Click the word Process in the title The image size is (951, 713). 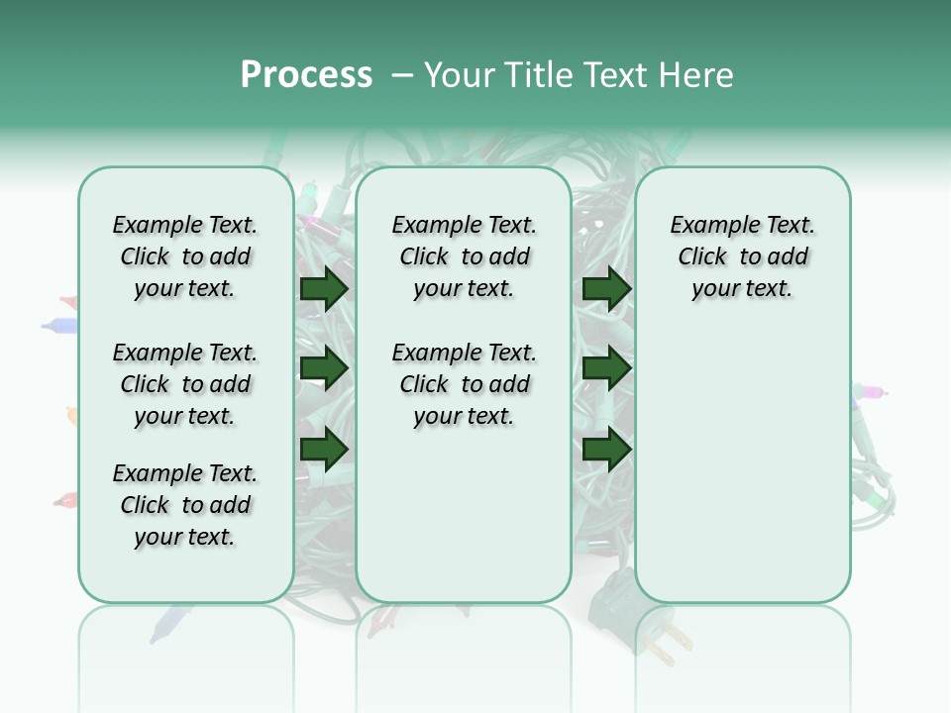click(x=306, y=75)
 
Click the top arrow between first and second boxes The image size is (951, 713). click(x=324, y=289)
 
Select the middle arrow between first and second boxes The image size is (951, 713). click(x=324, y=369)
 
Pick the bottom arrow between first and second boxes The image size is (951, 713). click(x=324, y=450)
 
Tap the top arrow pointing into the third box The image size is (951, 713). click(x=606, y=289)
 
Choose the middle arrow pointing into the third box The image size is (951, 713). click(x=606, y=369)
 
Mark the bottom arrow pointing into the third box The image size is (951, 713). click(x=606, y=450)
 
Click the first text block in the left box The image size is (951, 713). click(x=185, y=256)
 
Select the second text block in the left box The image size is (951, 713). click(x=185, y=384)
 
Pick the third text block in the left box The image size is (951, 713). click(x=185, y=505)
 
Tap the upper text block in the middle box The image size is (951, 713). click(x=464, y=256)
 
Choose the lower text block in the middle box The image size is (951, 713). click(x=464, y=384)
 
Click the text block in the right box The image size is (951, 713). click(x=742, y=256)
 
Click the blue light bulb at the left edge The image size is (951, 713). click(x=61, y=324)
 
